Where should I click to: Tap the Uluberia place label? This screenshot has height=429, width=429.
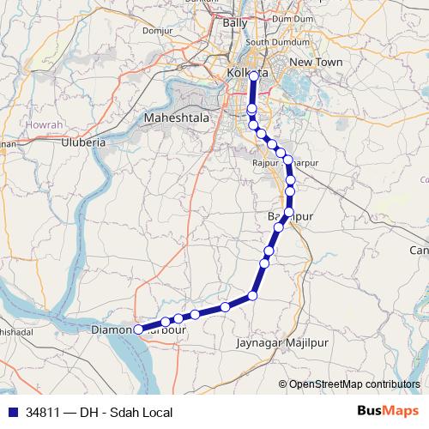(x=82, y=142)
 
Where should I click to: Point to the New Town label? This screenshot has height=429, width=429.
(x=316, y=63)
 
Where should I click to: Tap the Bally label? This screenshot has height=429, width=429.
(x=234, y=23)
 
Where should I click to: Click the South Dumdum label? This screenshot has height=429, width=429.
(x=271, y=42)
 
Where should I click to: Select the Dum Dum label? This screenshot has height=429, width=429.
(x=292, y=18)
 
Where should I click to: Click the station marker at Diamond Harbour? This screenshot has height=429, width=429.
(x=138, y=328)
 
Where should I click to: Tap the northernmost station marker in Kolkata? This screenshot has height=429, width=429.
(x=254, y=76)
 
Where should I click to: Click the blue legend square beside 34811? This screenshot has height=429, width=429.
(x=12, y=413)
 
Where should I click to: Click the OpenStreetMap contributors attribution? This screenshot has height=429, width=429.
(x=354, y=384)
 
